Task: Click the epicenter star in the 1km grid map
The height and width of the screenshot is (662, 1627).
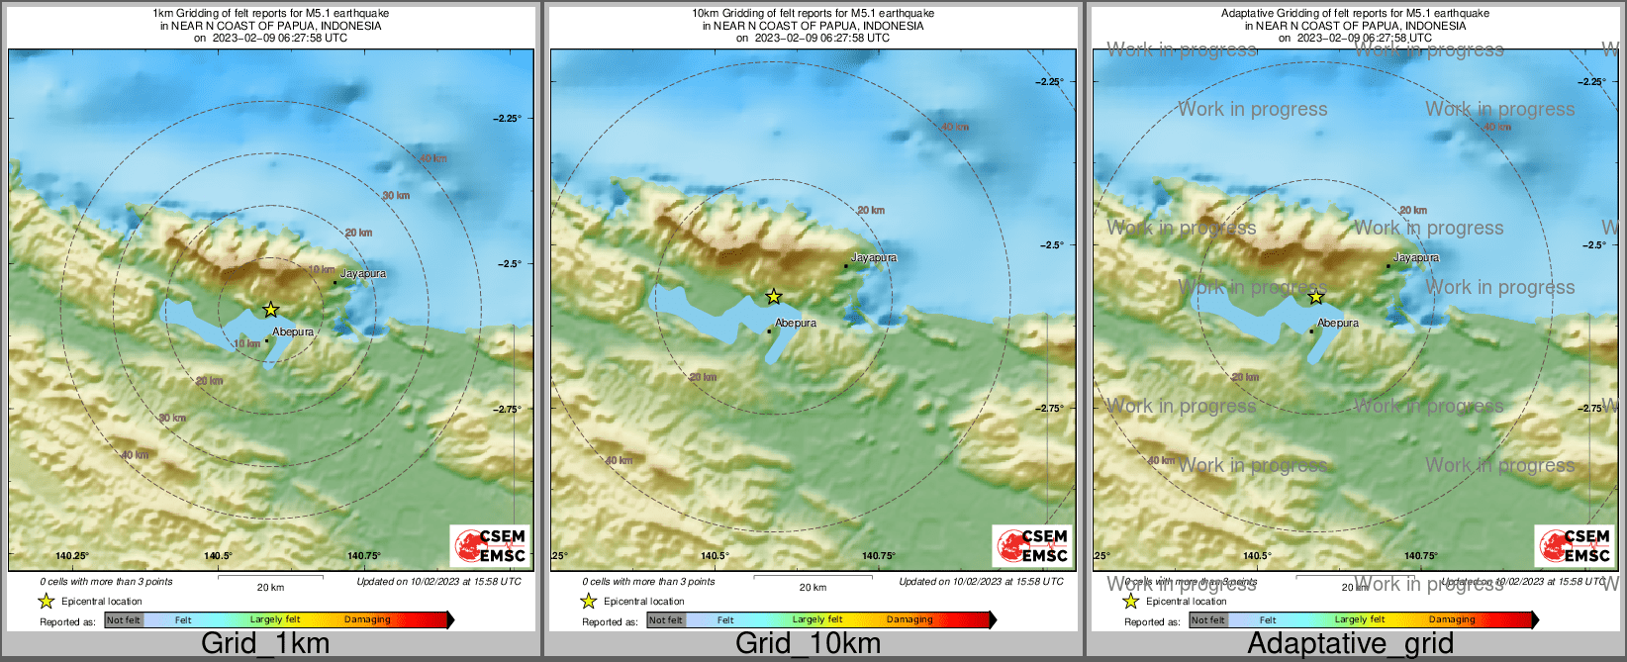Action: (270, 310)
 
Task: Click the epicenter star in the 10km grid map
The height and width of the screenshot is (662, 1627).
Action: (774, 296)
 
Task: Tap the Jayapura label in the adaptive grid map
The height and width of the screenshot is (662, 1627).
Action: (1416, 258)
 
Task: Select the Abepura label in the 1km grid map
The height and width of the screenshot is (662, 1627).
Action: (293, 332)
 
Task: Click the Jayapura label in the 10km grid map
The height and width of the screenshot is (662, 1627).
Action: (874, 258)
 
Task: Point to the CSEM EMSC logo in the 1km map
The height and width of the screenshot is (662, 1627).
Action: (490, 545)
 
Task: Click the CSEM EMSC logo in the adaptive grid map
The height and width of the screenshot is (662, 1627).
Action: (1575, 545)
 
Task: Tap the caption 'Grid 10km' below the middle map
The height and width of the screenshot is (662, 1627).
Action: (808, 644)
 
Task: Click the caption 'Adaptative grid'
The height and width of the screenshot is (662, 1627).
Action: (1350, 644)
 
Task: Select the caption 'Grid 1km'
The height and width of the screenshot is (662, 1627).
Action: (265, 644)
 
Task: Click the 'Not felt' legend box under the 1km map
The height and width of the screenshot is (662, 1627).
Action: (124, 620)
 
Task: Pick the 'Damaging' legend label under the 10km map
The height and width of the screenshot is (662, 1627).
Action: (909, 620)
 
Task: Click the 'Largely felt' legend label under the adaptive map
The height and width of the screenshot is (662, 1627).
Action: (1360, 620)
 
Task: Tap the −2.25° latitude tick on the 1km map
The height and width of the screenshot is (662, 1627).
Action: (508, 119)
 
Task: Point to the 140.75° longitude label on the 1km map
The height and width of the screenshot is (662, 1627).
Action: (364, 556)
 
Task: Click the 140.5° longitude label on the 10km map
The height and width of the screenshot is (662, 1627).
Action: (715, 556)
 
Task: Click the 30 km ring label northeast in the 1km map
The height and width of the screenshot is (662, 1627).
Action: (396, 196)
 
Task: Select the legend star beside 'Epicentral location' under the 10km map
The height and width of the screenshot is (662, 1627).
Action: (588, 601)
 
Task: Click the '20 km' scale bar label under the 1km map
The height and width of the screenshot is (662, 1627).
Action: (270, 588)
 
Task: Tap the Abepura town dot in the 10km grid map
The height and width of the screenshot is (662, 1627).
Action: (769, 331)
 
